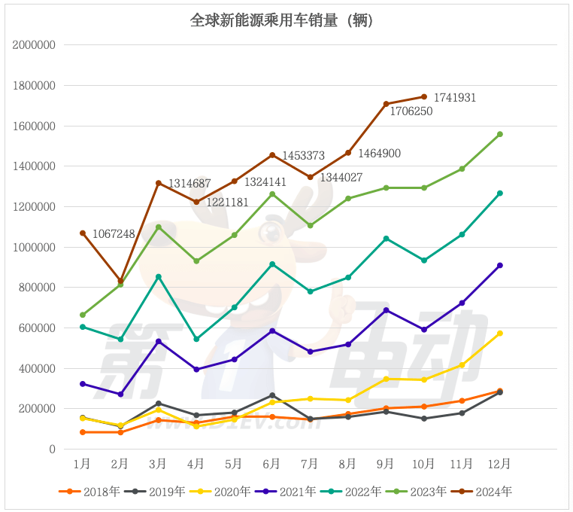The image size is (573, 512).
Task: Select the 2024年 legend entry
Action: pyautogui.click(x=486, y=492)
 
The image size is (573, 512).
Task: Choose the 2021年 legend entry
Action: pyautogui.click(x=290, y=492)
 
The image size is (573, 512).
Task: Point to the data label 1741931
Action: pyautogui.click(x=453, y=98)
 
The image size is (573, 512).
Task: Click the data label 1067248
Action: pyautogui.click(x=114, y=234)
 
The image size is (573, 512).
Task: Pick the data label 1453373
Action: pyautogui.click(x=303, y=156)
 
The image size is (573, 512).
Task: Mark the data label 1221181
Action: pyautogui.click(x=227, y=202)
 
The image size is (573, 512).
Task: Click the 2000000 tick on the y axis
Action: pyautogui.click(x=35, y=45)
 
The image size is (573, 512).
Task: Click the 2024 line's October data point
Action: pyautogui.click(x=424, y=96)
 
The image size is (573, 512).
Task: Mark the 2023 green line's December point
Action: pyautogui.click(x=500, y=134)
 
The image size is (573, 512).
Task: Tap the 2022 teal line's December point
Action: pyautogui.click(x=500, y=194)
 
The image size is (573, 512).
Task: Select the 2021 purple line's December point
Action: pyautogui.click(x=500, y=265)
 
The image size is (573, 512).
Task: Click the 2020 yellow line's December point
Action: pyautogui.click(x=500, y=334)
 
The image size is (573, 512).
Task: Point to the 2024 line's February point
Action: pyautogui.click(x=120, y=281)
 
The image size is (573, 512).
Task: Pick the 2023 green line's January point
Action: pyautogui.click(x=83, y=315)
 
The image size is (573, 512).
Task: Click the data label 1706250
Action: pyautogui.click(x=411, y=111)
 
